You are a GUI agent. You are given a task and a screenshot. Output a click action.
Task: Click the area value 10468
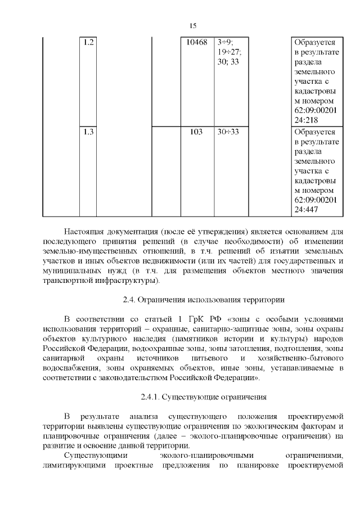coord(197,42)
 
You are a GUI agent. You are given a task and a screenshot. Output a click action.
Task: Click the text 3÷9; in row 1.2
coord(226,42)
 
